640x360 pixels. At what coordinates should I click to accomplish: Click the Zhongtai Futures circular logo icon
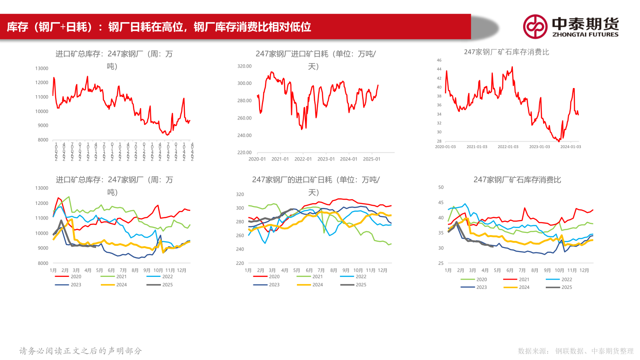click(x=535, y=26)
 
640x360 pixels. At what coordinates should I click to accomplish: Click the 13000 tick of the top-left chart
click(x=42, y=68)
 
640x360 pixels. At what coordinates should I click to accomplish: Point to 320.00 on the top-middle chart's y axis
click(x=244, y=66)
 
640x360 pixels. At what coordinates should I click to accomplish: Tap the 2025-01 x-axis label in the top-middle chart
click(x=372, y=159)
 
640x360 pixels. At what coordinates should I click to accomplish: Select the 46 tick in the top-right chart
click(x=439, y=60)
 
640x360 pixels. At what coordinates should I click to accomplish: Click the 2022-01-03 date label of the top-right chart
click(x=508, y=146)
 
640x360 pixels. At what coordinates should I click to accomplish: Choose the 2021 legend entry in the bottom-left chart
click(x=120, y=276)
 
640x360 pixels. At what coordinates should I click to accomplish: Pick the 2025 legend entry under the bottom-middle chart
click(x=361, y=284)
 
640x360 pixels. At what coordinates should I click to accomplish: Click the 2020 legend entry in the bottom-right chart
click(x=481, y=280)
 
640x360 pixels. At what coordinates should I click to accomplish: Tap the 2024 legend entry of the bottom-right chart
click(x=524, y=287)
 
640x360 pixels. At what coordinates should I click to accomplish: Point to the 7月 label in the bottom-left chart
click(x=123, y=270)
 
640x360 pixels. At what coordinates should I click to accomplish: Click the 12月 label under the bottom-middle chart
click(x=382, y=270)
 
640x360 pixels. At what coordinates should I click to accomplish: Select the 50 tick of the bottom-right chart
click(x=441, y=188)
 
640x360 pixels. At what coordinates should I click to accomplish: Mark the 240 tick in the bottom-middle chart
click(x=240, y=249)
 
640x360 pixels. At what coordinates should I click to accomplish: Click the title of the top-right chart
click(x=506, y=52)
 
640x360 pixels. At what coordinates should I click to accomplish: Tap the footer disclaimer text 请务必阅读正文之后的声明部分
click(x=80, y=351)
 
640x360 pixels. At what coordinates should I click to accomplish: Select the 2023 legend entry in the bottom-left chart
click(x=76, y=284)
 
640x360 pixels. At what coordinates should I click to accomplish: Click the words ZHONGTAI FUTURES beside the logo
click(x=585, y=34)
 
